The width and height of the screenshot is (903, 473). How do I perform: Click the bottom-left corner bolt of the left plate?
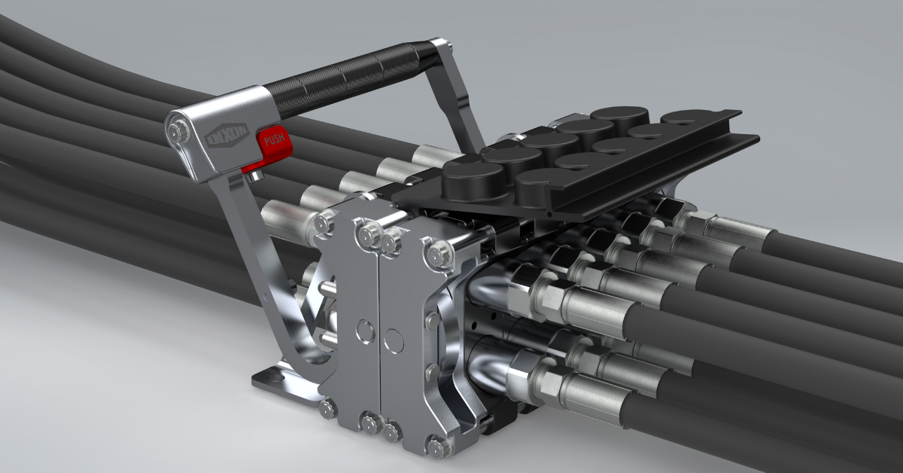pos(326,410)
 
